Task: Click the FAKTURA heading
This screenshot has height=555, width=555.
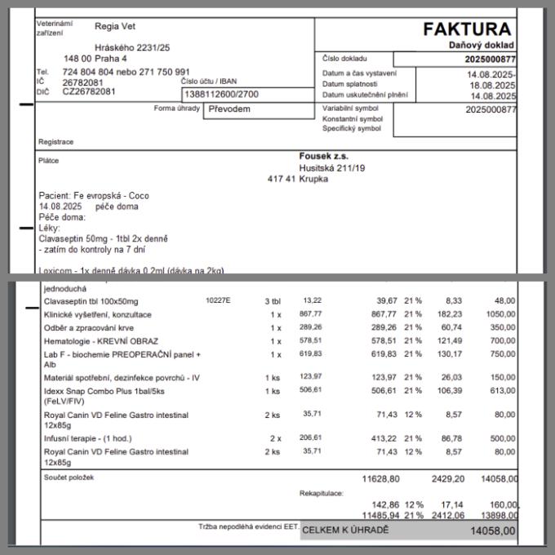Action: coord(467,30)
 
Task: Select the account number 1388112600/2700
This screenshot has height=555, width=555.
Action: coord(223,95)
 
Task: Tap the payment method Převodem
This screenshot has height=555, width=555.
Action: coord(229,109)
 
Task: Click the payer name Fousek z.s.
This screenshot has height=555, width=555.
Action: coord(323,156)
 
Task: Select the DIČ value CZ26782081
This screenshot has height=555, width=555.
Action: coord(89,91)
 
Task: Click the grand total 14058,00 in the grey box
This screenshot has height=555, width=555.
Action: coord(492,531)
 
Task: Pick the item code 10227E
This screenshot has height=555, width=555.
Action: coord(218,301)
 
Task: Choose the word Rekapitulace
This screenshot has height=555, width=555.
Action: coord(322,493)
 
